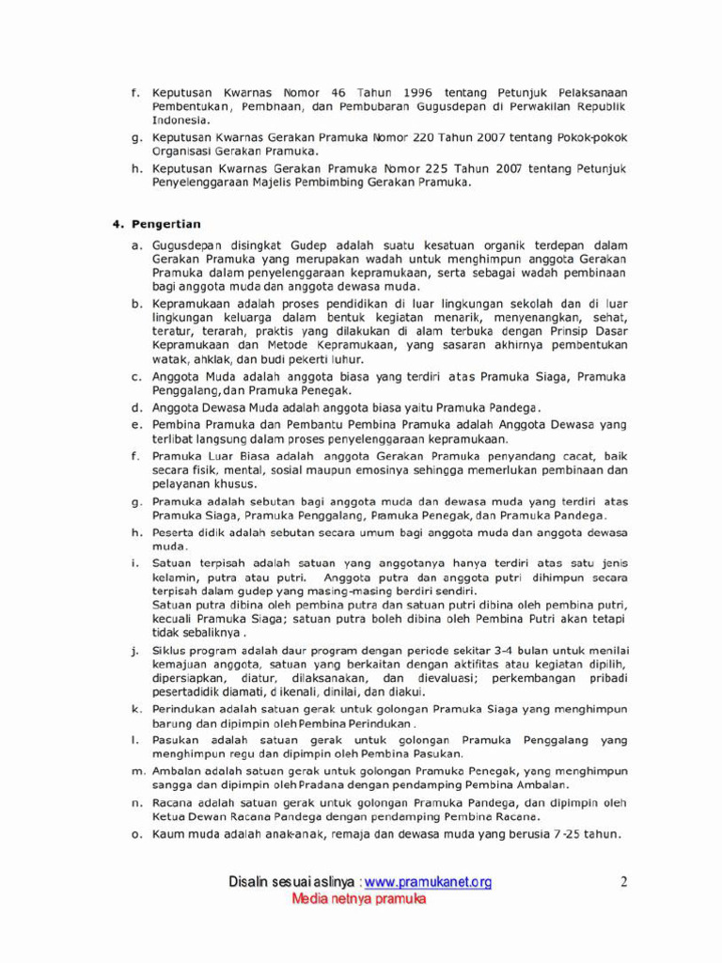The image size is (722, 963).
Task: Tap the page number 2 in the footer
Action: click(622, 881)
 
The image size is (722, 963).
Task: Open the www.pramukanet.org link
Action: click(428, 882)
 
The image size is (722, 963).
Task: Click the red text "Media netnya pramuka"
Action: click(359, 899)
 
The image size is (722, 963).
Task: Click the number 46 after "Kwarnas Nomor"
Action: click(339, 93)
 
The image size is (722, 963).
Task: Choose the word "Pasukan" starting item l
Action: click(177, 740)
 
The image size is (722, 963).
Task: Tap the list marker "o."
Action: click(136, 835)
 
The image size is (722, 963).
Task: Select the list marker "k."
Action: click(136, 709)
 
